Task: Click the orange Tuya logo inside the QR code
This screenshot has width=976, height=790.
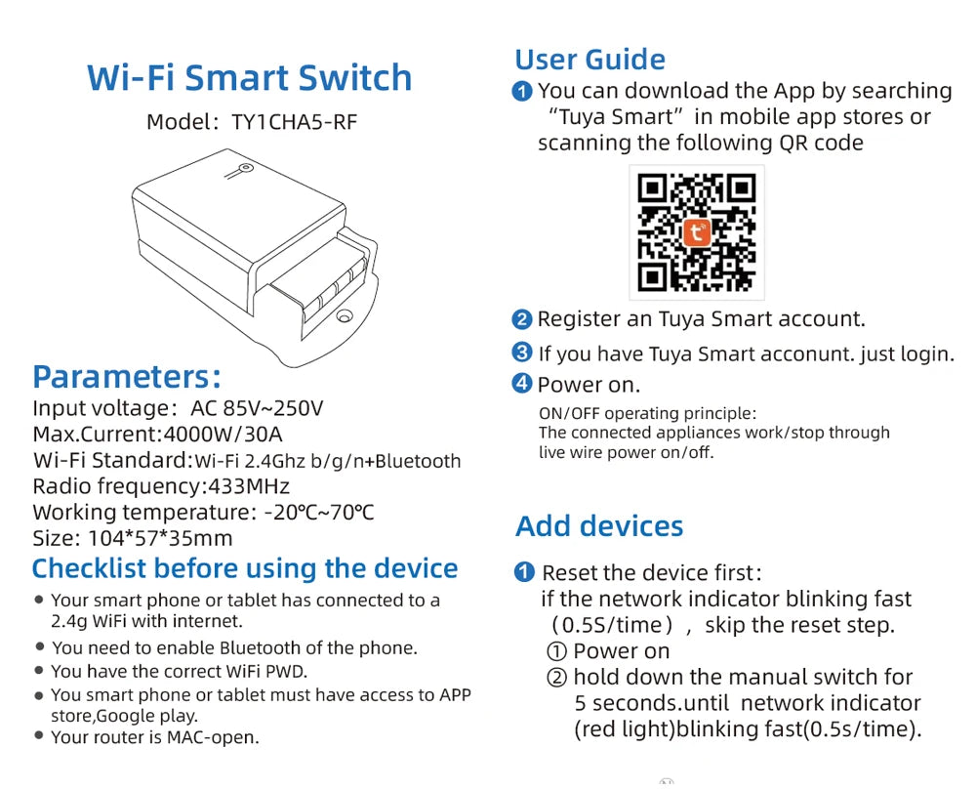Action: click(697, 232)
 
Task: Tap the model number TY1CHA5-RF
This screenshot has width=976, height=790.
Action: click(295, 122)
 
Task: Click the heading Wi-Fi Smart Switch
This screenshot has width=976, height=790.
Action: click(250, 78)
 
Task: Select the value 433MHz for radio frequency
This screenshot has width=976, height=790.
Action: click(249, 486)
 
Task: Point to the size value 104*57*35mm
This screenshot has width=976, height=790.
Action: click(161, 538)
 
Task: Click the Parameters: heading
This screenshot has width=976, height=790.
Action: click(127, 377)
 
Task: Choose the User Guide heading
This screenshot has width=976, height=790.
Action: click(590, 60)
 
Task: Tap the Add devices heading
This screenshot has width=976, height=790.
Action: click(599, 526)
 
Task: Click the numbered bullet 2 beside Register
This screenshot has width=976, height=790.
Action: click(521, 320)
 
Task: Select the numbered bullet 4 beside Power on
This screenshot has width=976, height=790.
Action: click(521, 384)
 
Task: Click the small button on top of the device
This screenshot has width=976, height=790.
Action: click(247, 168)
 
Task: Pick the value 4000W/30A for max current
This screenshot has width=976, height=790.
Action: click(223, 434)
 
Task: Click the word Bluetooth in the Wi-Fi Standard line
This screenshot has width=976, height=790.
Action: click(418, 461)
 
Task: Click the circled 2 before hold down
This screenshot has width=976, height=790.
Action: click(556, 678)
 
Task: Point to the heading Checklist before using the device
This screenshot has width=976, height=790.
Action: click(245, 568)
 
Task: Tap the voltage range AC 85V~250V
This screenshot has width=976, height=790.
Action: click(257, 408)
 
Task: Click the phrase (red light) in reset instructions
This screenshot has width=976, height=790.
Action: click(625, 729)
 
